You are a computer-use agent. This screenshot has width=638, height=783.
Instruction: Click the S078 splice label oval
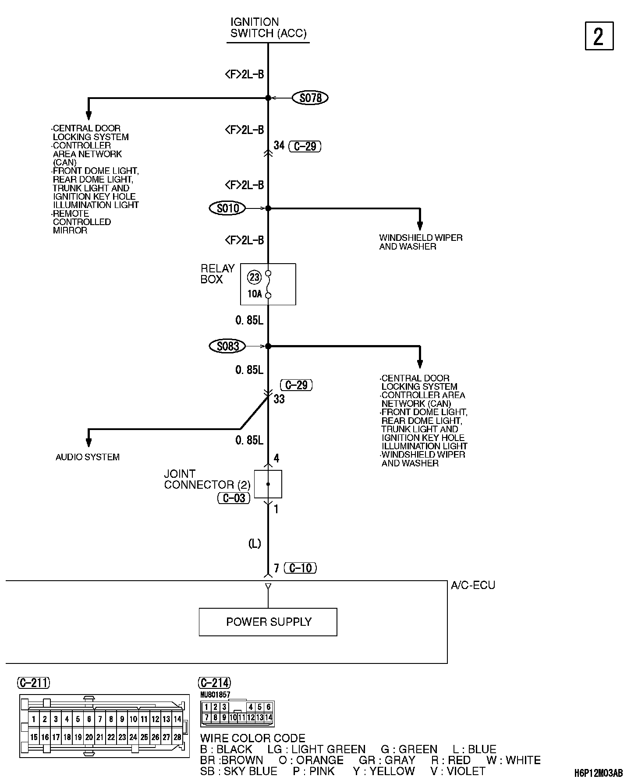click(310, 98)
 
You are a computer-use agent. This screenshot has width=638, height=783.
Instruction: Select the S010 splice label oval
click(228, 208)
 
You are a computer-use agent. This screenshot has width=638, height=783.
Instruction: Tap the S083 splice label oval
click(228, 346)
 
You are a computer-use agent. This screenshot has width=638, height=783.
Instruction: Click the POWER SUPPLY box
click(268, 622)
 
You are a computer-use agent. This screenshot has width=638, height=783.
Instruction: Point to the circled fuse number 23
click(254, 277)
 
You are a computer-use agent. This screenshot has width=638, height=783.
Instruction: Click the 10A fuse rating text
click(254, 294)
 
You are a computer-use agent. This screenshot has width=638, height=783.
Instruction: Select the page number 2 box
click(599, 36)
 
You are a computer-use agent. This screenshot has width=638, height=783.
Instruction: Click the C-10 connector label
click(301, 568)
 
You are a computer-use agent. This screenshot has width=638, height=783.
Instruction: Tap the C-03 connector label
click(234, 498)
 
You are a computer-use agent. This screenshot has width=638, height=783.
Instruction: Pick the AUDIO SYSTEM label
click(88, 457)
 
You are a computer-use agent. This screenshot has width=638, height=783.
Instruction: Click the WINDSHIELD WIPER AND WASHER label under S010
click(421, 242)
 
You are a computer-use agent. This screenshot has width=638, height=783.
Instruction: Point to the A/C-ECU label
click(473, 585)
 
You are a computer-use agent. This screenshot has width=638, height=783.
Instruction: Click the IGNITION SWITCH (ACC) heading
click(268, 28)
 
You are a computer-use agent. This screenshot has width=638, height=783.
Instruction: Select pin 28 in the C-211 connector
click(177, 737)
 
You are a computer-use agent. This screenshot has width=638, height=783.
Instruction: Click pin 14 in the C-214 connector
click(269, 717)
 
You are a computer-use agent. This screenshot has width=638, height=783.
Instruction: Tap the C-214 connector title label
click(215, 683)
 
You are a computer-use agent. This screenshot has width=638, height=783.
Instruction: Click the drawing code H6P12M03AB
click(599, 774)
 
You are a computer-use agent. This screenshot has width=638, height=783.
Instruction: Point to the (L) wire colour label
click(255, 543)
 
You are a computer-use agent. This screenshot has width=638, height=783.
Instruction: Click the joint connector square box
click(268, 484)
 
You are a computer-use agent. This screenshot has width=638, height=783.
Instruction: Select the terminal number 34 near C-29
click(279, 145)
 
